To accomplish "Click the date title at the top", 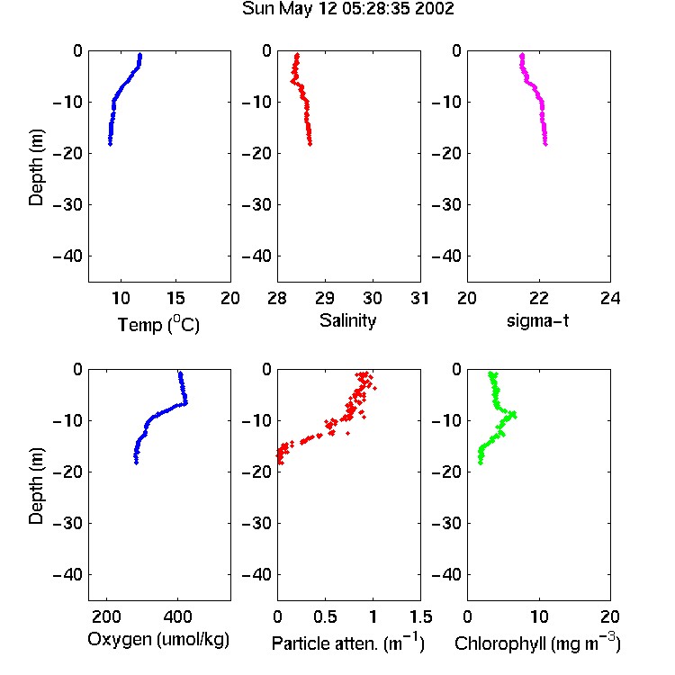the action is [347, 9].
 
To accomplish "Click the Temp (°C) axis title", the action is [158, 324].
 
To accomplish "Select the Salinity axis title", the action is [347, 320].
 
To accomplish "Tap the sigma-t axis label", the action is [537, 320].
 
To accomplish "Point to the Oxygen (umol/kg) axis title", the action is [158, 640].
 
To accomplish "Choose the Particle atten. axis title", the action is [347, 643].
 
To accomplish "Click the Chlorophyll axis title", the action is [537, 643].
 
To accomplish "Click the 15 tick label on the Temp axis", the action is [175, 298].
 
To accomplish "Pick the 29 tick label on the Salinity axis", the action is [325, 298].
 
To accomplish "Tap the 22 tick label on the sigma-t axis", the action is [539, 298].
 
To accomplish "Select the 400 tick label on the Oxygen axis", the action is [178, 616].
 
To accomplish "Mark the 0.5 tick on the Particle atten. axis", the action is [325, 616].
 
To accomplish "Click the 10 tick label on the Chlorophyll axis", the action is [539, 616].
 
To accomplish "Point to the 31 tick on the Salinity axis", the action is [420, 298].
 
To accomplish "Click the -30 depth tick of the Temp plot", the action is [67, 205].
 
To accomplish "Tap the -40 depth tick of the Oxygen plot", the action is [67, 575].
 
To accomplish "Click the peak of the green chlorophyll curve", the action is [513, 415].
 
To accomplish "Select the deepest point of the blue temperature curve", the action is [110, 144].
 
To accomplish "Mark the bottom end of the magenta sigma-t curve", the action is [545, 144].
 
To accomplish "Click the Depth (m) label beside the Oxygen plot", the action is [36, 486].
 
